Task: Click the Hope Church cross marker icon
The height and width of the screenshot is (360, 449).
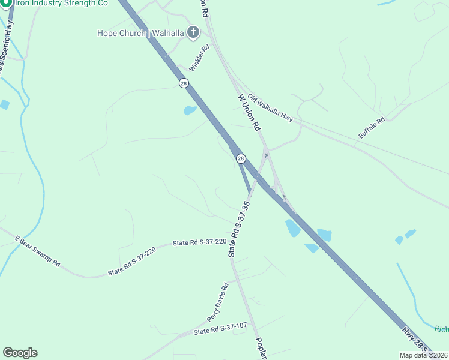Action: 193,32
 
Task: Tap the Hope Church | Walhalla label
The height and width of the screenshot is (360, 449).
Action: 140,33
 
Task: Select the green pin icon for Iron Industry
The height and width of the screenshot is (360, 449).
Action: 7,3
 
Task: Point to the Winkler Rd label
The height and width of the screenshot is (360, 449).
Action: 199,57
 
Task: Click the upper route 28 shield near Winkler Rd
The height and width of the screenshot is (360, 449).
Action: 183,83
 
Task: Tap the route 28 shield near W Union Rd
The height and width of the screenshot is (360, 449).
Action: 241,158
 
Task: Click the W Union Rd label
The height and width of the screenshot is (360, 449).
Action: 249,112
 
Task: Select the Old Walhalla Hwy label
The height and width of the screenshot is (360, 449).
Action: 270,109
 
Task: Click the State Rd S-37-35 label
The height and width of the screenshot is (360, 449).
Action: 238,226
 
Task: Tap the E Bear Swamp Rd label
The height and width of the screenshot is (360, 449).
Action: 38,251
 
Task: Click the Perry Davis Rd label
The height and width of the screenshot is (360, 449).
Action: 217,302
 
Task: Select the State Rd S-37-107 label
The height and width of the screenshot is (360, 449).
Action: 220,329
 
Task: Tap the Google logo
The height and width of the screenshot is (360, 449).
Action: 20,353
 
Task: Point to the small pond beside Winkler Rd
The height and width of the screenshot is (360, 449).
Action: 190,110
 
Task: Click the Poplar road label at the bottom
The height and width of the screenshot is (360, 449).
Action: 261,348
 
